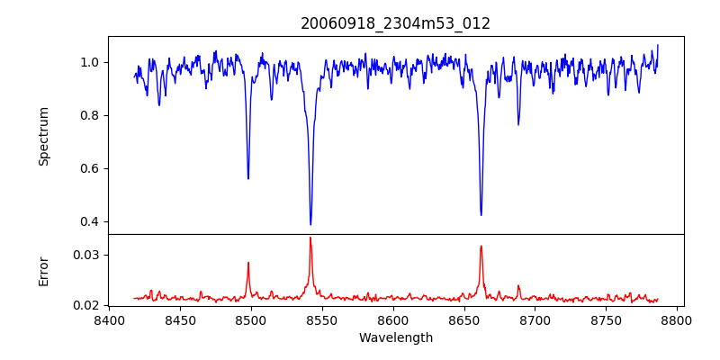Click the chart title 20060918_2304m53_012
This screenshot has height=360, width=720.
coord(395,23)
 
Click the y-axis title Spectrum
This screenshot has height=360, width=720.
coord(44,136)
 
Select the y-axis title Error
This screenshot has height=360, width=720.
coord(44,270)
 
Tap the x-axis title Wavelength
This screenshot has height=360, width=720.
coord(395,338)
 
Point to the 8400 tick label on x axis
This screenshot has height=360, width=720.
coord(108,320)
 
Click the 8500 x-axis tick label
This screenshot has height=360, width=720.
coord(250,320)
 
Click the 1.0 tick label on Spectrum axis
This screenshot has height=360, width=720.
coord(90,62)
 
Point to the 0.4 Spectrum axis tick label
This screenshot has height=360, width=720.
coord(90,221)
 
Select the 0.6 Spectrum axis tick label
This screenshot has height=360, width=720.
coord(90,168)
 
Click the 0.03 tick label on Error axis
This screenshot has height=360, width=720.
coord(86,255)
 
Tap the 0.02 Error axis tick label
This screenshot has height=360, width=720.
coord(86,305)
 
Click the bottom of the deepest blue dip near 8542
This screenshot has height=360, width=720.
coord(310,224)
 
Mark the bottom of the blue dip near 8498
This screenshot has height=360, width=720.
coord(248,178)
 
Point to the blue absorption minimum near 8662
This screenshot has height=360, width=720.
coord(481,214)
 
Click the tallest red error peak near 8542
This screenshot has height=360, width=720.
coord(310,238)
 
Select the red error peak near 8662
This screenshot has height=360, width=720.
coord(481,246)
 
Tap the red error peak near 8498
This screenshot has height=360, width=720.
coord(248,263)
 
